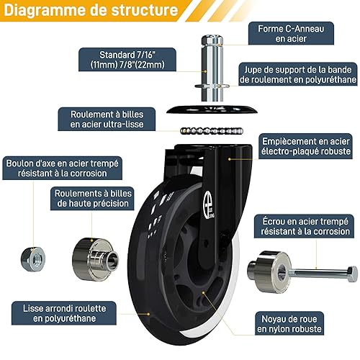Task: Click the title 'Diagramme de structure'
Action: click(x=91, y=10)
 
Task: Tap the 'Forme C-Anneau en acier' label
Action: click(x=291, y=33)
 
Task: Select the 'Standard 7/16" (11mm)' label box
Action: click(x=127, y=60)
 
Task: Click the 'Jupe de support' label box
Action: click(x=298, y=74)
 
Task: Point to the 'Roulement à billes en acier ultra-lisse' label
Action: click(x=107, y=119)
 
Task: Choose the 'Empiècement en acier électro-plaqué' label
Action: click(x=305, y=146)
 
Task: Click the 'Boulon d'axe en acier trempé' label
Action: click(x=62, y=168)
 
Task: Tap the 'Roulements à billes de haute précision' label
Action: click(x=92, y=199)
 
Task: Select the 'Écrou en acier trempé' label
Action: click(x=305, y=226)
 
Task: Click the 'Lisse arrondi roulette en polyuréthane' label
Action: click(x=64, y=313)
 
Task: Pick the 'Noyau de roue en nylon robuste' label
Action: click(x=289, y=323)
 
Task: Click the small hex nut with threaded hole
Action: click(x=33, y=259)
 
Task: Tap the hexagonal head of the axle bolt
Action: click(x=352, y=274)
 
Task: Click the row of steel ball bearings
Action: click(x=212, y=131)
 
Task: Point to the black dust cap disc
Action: click(x=212, y=109)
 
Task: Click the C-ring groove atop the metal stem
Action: click(x=212, y=40)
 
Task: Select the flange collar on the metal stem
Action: click(x=212, y=86)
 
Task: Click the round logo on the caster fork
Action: click(x=209, y=200)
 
